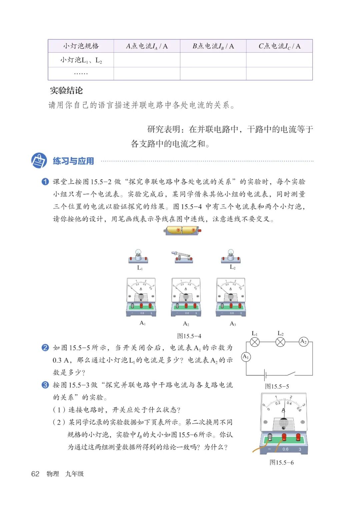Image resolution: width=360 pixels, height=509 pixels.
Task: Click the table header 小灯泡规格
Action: click(81, 46)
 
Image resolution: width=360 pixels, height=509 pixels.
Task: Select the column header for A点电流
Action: click(147, 46)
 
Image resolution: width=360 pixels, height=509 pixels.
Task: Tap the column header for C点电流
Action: click(279, 46)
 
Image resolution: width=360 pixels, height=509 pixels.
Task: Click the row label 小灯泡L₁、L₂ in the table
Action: click(81, 60)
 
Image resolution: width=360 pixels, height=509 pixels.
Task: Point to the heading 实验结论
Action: click(66, 90)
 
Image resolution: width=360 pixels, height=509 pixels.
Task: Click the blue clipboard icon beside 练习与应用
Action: click(39, 161)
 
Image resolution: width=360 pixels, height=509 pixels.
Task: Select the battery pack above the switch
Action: click(183, 230)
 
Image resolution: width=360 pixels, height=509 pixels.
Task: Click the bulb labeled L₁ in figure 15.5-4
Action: click(138, 256)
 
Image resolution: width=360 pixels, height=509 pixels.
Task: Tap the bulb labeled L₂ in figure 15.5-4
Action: click(231, 256)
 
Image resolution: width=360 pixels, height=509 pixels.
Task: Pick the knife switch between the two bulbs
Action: click(182, 257)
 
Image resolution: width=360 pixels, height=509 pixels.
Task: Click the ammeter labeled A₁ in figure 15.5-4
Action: click(141, 297)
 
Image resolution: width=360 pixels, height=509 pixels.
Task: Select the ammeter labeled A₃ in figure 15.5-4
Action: click(231, 297)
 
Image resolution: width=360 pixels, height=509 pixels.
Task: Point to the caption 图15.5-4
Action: click(189, 336)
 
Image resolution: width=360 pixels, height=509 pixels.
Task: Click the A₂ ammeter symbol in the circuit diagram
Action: click(303, 342)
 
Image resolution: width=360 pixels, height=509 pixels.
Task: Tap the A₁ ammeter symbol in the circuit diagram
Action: click(246, 357)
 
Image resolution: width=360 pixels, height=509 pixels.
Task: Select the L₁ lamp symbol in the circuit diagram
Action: click(255, 342)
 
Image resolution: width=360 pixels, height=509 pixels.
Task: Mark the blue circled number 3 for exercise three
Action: click(45, 385)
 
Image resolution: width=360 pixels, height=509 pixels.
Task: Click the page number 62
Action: click(35, 474)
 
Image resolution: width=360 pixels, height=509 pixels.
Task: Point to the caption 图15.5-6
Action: click(282, 463)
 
